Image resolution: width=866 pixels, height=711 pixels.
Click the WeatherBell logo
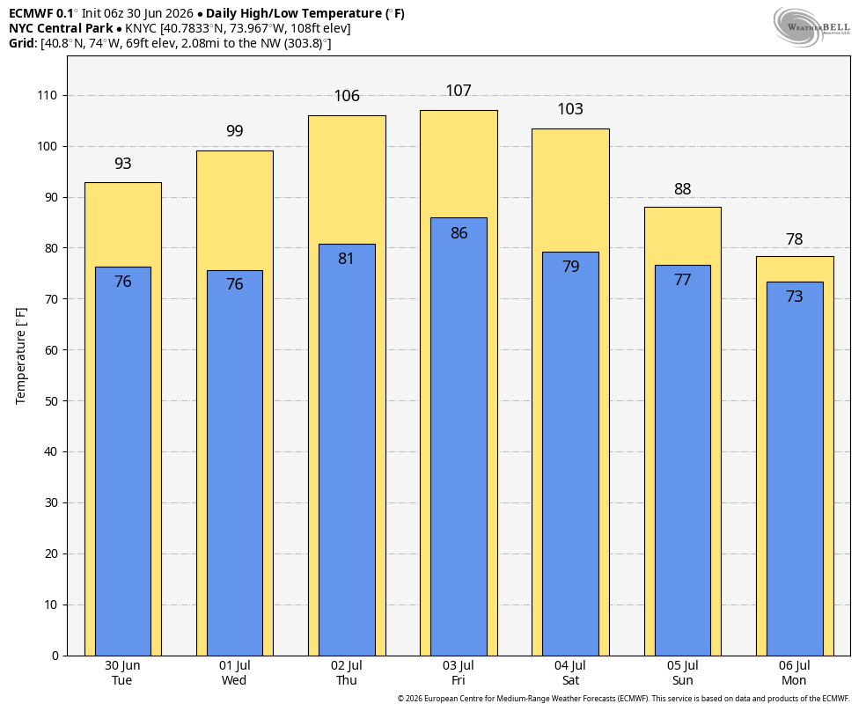(811, 27)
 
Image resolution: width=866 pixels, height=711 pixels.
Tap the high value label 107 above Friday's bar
(459, 91)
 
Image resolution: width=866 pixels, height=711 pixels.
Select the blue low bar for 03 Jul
(459, 436)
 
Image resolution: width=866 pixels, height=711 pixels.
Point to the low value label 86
(459, 233)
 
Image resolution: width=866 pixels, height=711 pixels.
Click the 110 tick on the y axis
(47, 96)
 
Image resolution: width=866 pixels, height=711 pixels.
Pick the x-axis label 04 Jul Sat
(570, 673)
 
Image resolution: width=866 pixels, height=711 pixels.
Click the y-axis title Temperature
(21, 356)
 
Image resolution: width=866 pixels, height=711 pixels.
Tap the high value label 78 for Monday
(794, 239)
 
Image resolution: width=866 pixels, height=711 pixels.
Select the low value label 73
(794, 297)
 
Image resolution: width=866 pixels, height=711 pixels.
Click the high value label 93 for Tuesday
(122, 164)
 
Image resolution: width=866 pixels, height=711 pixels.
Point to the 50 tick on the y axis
(51, 401)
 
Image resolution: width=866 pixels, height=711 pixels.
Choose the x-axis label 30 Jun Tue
(122, 673)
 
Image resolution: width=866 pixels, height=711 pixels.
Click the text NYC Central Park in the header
(61, 28)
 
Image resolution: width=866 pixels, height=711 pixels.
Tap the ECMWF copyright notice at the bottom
(624, 699)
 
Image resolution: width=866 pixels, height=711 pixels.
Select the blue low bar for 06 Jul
(795, 469)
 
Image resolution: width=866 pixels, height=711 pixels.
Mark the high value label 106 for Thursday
(347, 96)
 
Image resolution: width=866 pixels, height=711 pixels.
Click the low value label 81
(346, 259)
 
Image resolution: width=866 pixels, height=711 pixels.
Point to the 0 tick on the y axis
(55, 656)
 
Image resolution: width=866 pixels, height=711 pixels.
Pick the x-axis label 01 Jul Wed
(234, 673)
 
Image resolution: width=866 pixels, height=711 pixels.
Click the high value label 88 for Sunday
(683, 189)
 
